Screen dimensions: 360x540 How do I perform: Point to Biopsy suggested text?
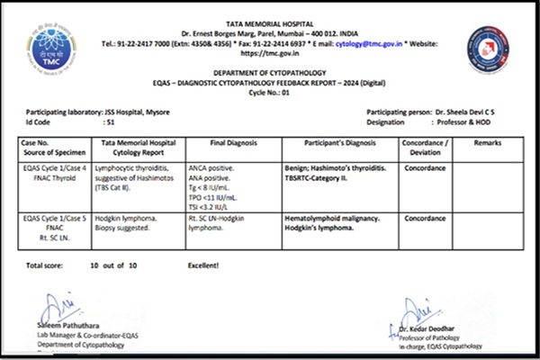(126, 227)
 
